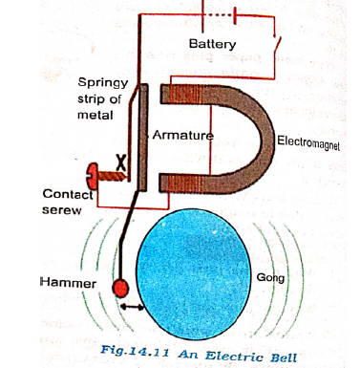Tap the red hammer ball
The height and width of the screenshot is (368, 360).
[119, 288]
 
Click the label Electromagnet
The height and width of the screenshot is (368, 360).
[308, 142]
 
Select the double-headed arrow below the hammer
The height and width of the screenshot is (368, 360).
[136, 308]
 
